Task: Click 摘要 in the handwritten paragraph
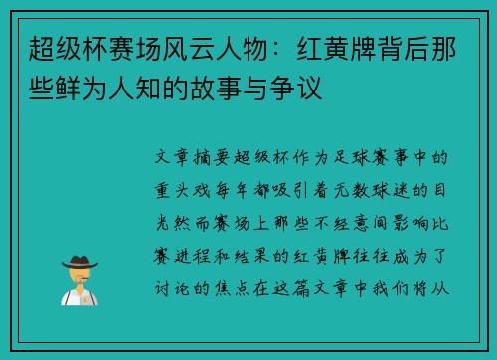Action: tap(219, 156)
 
